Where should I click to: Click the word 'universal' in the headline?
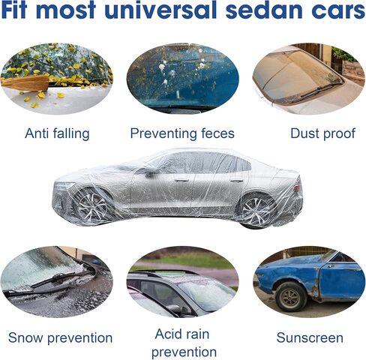click(x=160, y=10)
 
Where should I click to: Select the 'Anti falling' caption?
click(x=57, y=133)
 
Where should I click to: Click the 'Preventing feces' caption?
click(x=182, y=133)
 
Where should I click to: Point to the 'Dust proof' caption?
click(x=322, y=133)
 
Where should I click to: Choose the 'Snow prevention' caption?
click(x=60, y=337)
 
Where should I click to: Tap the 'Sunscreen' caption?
click(x=310, y=337)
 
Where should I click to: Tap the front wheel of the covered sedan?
click(x=92, y=206)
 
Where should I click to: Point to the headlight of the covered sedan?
click(x=64, y=185)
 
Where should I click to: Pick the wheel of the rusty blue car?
click(x=291, y=297)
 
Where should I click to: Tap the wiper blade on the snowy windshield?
click(x=54, y=279)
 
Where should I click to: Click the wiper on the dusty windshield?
click(x=320, y=89)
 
